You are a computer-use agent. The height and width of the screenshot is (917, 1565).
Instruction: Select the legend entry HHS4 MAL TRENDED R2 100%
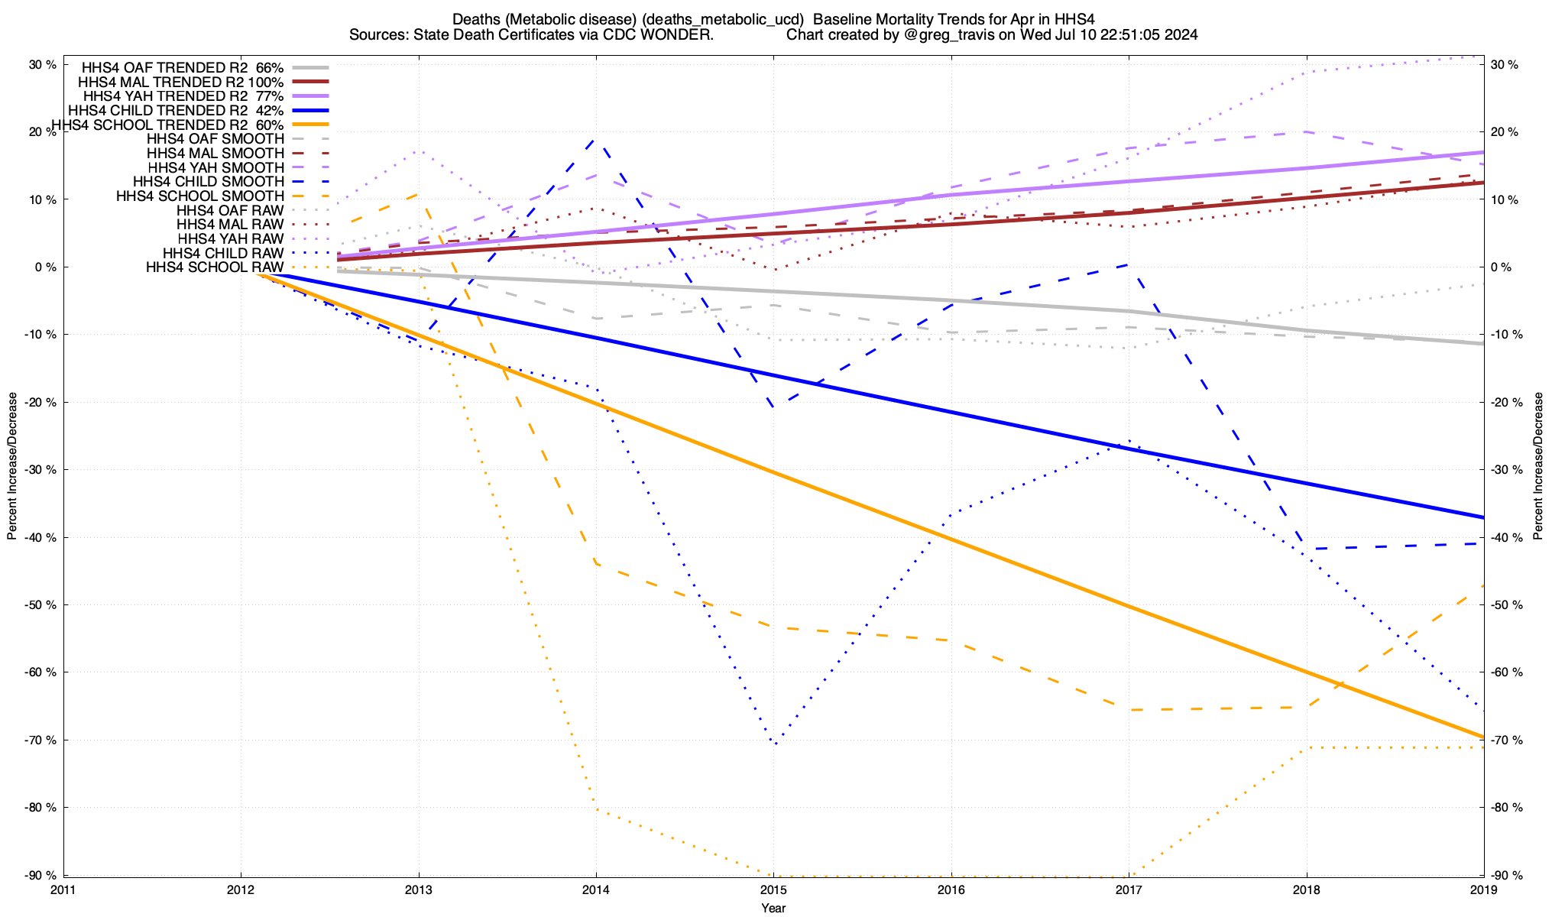[181, 82]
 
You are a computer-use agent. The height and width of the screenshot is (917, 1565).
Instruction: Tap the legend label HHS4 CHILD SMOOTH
[209, 182]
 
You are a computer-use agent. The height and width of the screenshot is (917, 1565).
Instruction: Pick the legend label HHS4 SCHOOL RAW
[215, 267]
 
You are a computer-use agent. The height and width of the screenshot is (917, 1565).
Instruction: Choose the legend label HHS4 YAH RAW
[230, 239]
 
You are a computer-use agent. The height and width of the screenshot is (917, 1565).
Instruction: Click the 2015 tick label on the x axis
[773, 889]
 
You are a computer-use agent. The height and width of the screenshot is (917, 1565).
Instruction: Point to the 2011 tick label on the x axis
[63, 889]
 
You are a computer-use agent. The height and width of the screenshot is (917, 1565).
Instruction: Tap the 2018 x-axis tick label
[1306, 889]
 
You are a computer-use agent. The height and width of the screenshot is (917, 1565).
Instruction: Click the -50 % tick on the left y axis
[43, 605]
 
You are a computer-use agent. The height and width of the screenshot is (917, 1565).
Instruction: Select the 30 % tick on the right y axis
[1503, 65]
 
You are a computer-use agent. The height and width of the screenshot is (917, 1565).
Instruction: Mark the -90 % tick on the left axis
[43, 875]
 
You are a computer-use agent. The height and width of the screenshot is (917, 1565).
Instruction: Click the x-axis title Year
[773, 908]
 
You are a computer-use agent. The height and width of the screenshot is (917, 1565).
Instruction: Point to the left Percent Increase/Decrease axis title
[12, 466]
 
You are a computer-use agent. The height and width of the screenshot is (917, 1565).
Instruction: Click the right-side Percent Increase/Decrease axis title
[1538, 466]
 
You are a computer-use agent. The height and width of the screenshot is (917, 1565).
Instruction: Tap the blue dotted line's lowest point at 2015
[775, 744]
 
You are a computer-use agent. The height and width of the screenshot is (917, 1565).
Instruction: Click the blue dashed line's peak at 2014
[595, 139]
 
